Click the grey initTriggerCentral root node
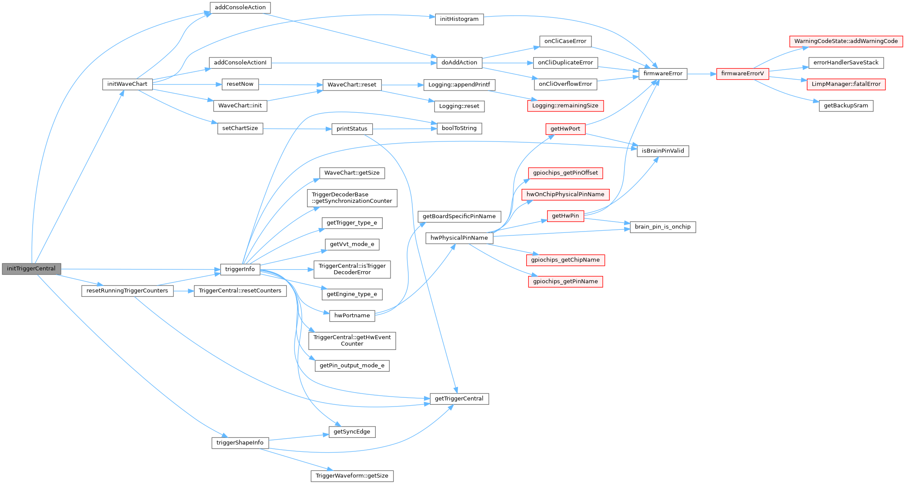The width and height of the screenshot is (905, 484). pyautogui.click(x=31, y=269)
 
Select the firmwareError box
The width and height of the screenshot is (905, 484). pyautogui.click(x=663, y=74)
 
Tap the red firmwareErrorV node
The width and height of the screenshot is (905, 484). pyautogui.click(x=742, y=74)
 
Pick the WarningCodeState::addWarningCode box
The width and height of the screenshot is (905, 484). pyautogui.click(x=846, y=41)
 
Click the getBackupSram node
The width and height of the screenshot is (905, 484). pyautogui.click(x=846, y=106)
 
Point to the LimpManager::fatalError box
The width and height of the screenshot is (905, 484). pyautogui.click(x=846, y=84)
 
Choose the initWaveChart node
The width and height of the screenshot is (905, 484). pyautogui.click(x=127, y=84)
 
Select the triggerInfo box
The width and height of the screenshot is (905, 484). pyautogui.click(x=240, y=269)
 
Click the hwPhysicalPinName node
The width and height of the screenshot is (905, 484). pyautogui.click(x=459, y=238)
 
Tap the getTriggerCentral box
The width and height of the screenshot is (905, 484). pyautogui.click(x=459, y=399)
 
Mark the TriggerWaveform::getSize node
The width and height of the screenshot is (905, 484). pyautogui.click(x=352, y=476)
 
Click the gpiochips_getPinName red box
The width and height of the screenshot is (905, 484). pyautogui.click(x=565, y=282)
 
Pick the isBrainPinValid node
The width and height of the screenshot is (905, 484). pyautogui.click(x=663, y=151)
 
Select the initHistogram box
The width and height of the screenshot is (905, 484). pyautogui.click(x=459, y=19)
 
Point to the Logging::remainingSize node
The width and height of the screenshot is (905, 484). pyautogui.click(x=565, y=106)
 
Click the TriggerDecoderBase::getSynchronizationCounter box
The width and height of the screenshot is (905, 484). pyautogui.click(x=352, y=198)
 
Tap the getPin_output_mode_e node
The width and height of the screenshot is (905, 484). pyautogui.click(x=352, y=366)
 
